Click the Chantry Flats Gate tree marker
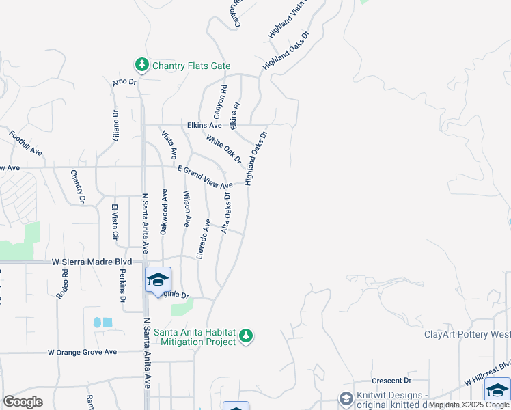point(142,65)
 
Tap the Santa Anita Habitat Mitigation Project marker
point(247,336)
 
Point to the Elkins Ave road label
point(204,126)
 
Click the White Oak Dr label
point(223,148)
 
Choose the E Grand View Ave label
point(205,177)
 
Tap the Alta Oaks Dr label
point(226,213)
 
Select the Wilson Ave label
point(186,209)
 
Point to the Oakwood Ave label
point(164,213)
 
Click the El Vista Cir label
point(115,222)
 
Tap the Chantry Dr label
point(77,187)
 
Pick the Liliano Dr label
point(115,126)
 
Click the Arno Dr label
point(124,82)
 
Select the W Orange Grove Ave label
point(82,352)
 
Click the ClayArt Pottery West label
point(467,334)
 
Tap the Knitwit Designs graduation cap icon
point(347,398)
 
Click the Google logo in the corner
point(23,402)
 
